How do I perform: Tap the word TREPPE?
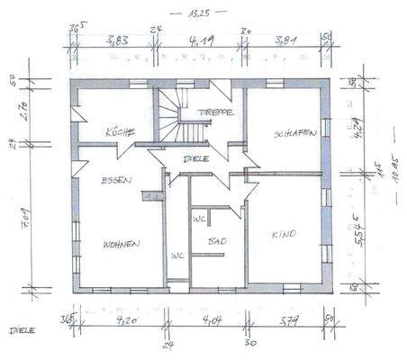(x=218, y=112)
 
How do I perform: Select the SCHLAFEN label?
(x=294, y=133)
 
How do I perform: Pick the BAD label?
(x=216, y=242)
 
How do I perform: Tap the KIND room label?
(x=284, y=236)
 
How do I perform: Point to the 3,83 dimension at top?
(x=114, y=40)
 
